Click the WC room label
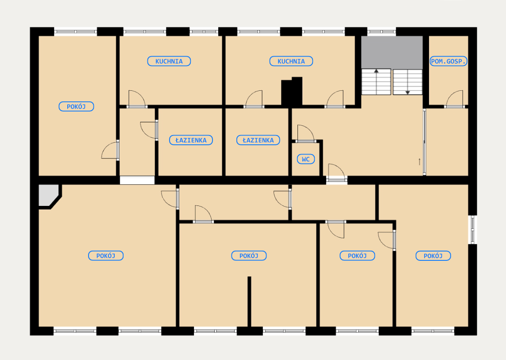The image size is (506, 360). (x=305, y=159)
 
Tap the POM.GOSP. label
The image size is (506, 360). (x=448, y=62)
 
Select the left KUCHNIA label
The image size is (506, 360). (x=169, y=62)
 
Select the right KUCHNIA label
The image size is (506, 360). (x=291, y=62)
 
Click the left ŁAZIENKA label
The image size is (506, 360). (x=191, y=140)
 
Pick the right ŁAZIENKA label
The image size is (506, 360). (x=258, y=140)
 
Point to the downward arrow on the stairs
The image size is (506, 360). (x=408, y=82)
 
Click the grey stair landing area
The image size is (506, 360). (x=392, y=52)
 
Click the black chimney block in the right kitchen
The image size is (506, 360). (x=292, y=91)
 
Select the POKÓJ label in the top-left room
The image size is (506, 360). (x=77, y=107)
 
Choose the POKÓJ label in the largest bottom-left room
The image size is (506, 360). (x=106, y=255)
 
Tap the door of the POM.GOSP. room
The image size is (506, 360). (x=454, y=99)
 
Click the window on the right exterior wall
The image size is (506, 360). (x=472, y=229)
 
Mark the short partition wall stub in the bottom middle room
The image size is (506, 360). (x=249, y=302)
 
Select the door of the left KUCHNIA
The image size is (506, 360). (x=137, y=99)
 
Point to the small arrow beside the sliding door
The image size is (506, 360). (x=420, y=162)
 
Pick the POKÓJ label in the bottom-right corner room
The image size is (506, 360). (x=433, y=255)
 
